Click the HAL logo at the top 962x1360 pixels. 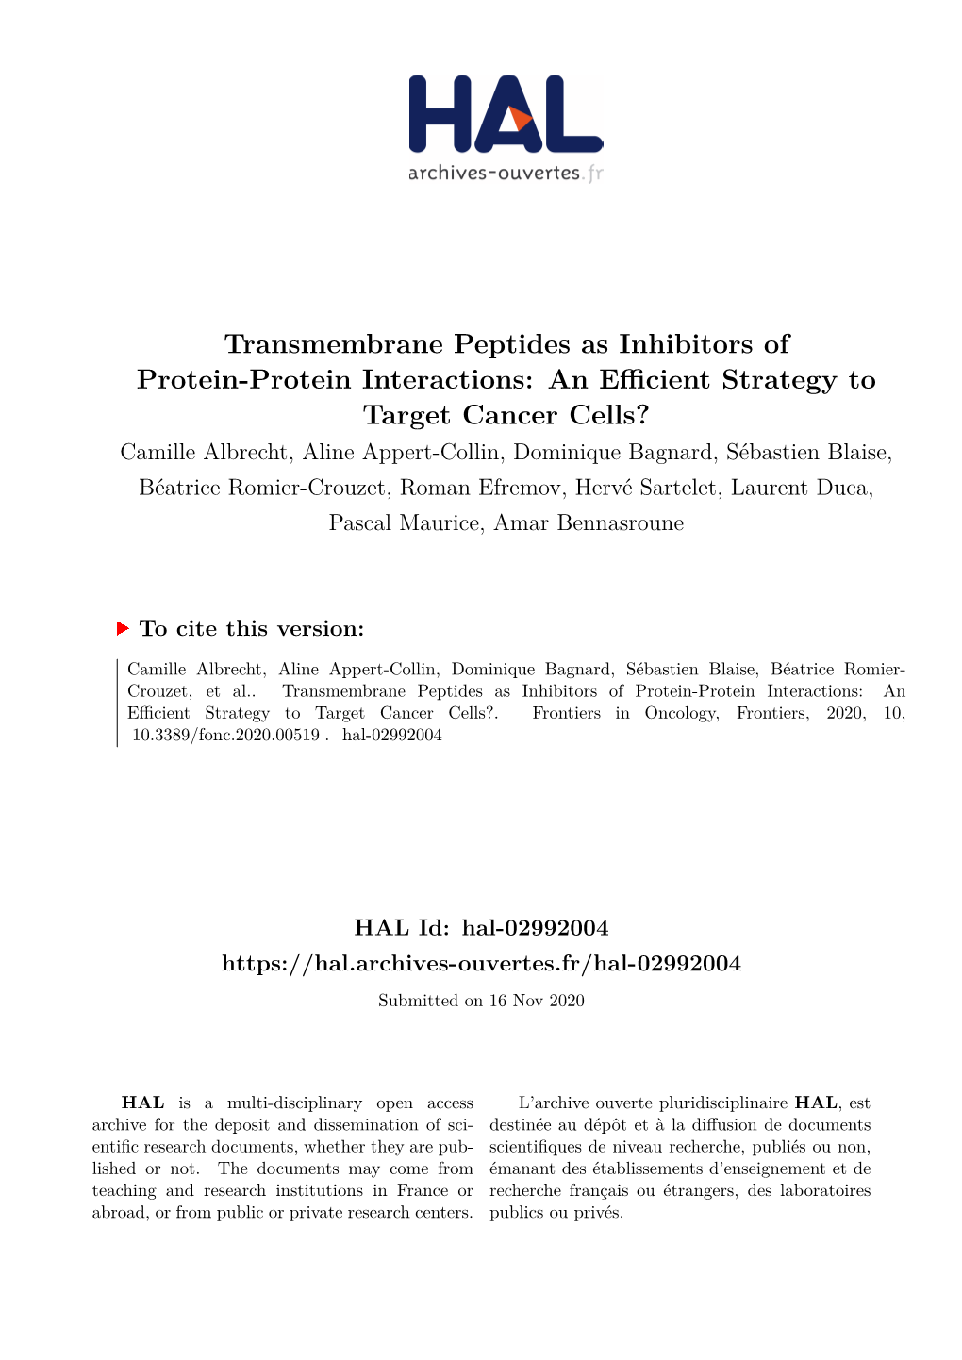pyautogui.click(x=506, y=115)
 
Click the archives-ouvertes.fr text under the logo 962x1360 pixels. pyautogui.click(x=506, y=174)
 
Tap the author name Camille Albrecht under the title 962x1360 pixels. pyautogui.click(x=205, y=453)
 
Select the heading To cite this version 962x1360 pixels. pyautogui.click(x=251, y=629)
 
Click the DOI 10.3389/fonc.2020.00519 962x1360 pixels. pyautogui.click(x=225, y=736)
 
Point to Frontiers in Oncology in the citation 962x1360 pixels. pyautogui.click(x=625, y=714)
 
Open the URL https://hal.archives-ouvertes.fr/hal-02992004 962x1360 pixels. pyautogui.click(x=481, y=964)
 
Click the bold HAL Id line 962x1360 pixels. pyautogui.click(x=481, y=928)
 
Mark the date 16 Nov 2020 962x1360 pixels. pyautogui.click(x=536, y=1001)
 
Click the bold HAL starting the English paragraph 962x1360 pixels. pyautogui.click(x=143, y=1103)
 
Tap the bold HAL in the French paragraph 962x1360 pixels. pyautogui.click(x=816, y=1103)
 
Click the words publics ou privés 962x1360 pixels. pyautogui.click(x=556, y=1214)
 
